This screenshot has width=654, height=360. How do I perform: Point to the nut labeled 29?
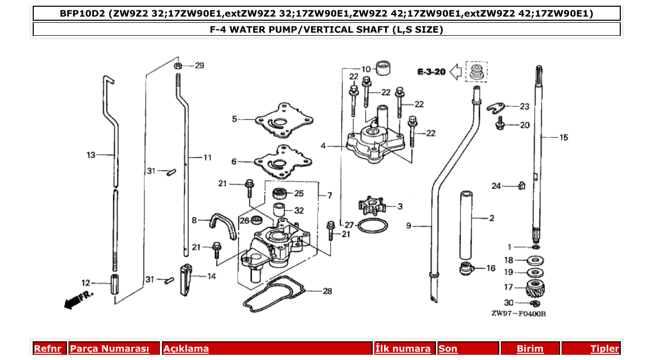point(178,66)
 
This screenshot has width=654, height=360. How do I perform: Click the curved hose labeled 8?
point(220,226)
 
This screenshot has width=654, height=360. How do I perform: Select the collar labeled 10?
point(383,68)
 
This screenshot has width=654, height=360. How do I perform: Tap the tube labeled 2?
point(466,226)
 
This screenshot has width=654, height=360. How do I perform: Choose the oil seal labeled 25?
point(280,195)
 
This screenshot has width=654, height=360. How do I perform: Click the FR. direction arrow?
point(78,300)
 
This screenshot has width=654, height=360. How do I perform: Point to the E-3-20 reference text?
point(431,72)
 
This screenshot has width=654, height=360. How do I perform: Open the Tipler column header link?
point(604,349)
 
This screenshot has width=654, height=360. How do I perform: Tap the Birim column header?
point(530,349)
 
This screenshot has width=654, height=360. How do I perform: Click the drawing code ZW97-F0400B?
point(519,314)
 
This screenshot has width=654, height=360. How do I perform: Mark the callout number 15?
point(563,137)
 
